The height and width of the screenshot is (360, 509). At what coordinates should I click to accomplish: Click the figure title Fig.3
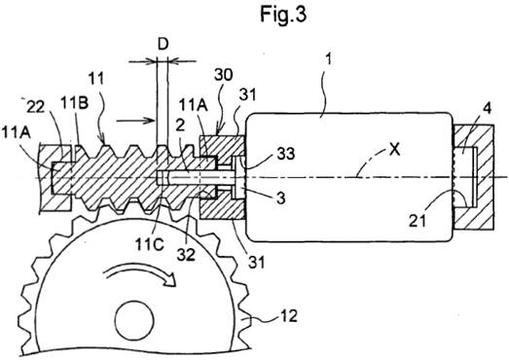pos(283,15)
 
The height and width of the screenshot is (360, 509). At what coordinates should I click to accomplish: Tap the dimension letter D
pos(163,45)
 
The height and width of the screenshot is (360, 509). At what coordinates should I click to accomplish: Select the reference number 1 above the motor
pos(328,60)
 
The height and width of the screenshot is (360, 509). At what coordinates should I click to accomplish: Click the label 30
pos(223,75)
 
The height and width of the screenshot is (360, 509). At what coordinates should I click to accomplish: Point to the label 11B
pos(74,103)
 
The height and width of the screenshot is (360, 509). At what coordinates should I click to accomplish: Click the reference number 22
pos(35,107)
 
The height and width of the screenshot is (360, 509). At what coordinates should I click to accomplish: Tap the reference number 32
pos(186,255)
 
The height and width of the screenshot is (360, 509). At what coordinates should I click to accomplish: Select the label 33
pos(286,153)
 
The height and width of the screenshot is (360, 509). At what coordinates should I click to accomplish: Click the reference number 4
pos(487,108)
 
